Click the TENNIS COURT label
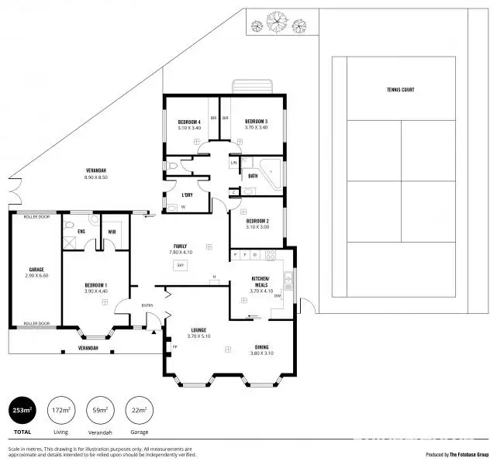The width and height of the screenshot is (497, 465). tap(401, 90)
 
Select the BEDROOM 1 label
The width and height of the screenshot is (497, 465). tap(95, 286)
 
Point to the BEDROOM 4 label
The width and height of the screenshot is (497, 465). tap(189, 122)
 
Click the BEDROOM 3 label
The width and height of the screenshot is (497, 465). tap(256, 122)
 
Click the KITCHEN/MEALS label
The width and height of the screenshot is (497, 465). tap(260, 281)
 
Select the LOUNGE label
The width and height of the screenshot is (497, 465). tap(198, 332)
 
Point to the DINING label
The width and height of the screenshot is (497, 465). tap(264, 348)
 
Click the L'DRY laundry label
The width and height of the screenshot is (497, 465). tap(187, 195)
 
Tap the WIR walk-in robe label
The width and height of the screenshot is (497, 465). tap(112, 232)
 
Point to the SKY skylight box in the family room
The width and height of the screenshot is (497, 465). tap(181, 266)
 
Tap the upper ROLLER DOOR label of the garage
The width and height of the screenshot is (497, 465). tap(36, 218)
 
